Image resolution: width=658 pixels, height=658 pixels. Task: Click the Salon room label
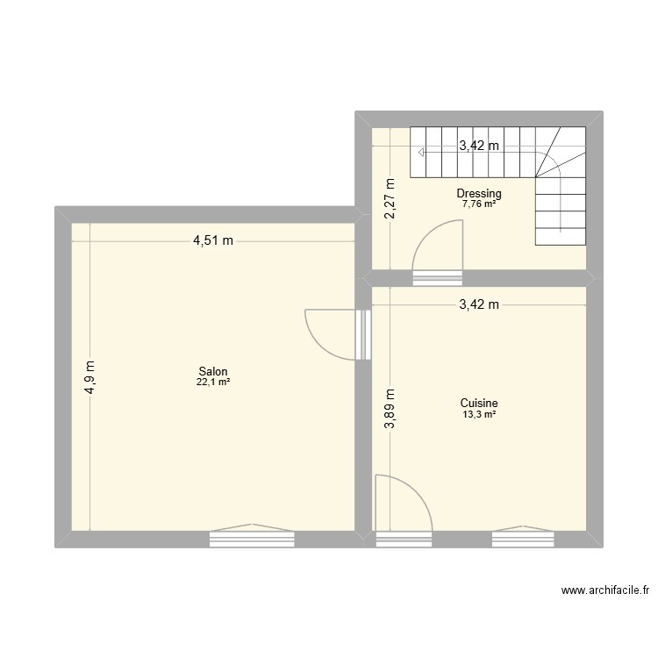pyautogui.click(x=213, y=371)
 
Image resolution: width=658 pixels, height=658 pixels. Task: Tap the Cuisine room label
pyautogui.click(x=478, y=404)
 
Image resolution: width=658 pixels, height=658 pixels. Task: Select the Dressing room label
pyautogui.click(x=478, y=194)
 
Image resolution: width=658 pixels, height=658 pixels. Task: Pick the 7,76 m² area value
pyautogui.click(x=478, y=204)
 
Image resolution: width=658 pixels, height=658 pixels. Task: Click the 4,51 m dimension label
pyautogui.click(x=213, y=242)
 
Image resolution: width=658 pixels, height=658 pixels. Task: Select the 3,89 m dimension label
pyautogui.click(x=390, y=409)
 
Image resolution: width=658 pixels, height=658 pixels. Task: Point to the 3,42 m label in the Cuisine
pyautogui.click(x=478, y=305)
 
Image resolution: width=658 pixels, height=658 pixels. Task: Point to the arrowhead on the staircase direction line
pyautogui.click(x=423, y=153)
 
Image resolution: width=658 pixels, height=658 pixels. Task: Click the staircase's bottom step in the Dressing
pyautogui.click(x=559, y=237)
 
